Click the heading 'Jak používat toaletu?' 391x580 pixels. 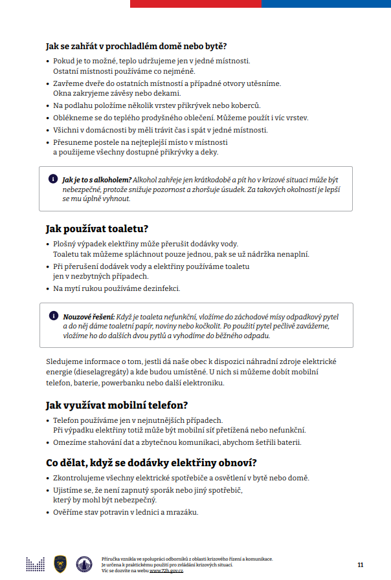[97, 229]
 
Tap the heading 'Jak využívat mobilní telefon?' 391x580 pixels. [117, 405]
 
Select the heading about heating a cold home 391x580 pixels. [136, 46]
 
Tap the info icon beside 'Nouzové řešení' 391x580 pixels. [52, 316]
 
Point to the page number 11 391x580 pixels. [360, 564]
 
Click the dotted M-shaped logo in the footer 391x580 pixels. [35, 564]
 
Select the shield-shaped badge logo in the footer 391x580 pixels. [60, 564]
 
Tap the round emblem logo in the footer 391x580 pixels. [84, 564]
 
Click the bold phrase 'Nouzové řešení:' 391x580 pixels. [88, 317]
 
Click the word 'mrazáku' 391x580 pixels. [182, 512]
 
